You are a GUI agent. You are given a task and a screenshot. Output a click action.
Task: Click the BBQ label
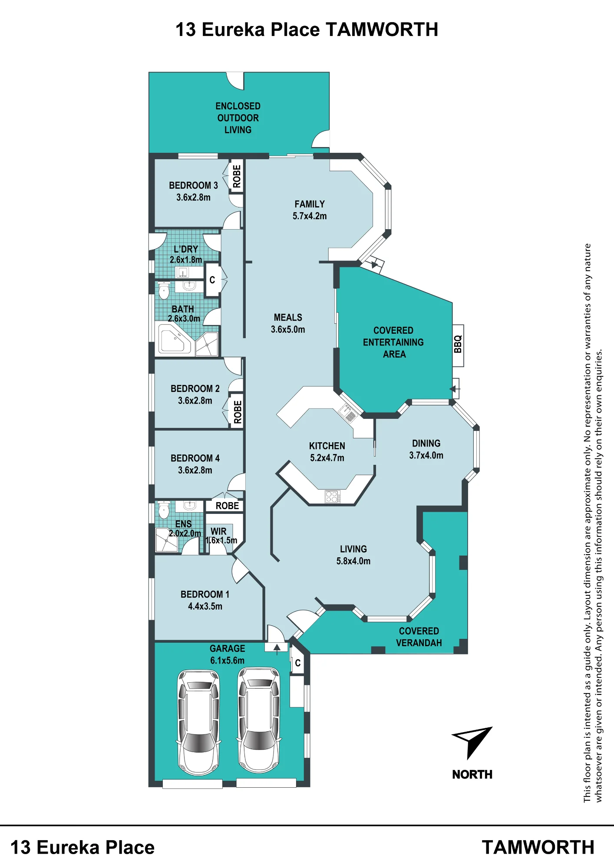point(458,345)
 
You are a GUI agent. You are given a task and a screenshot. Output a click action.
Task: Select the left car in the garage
point(198,722)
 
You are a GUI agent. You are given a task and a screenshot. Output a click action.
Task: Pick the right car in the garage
point(259,720)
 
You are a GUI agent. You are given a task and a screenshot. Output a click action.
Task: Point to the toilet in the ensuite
point(164,510)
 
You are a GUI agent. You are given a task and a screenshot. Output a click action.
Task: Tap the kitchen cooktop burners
point(332,496)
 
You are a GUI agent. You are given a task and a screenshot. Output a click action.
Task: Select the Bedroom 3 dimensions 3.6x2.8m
point(193,197)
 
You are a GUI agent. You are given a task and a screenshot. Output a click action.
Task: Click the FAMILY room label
point(310,204)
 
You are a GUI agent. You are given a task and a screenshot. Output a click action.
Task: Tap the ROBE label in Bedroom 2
point(238,412)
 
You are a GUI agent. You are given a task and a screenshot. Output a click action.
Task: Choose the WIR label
point(218,531)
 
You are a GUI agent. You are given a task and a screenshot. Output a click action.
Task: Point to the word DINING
point(426,443)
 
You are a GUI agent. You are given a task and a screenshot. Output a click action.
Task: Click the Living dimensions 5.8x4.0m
point(353,561)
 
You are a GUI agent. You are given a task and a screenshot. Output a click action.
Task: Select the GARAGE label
point(227,648)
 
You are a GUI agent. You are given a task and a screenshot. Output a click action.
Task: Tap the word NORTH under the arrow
point(472,774)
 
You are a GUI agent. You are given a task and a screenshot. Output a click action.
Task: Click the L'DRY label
point(186,249)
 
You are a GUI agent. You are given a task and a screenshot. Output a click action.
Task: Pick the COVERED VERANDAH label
point(419,637)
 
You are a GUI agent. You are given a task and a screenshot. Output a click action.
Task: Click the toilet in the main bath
point(164,290)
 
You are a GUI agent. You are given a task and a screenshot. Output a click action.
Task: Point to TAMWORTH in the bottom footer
point(538,847)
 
